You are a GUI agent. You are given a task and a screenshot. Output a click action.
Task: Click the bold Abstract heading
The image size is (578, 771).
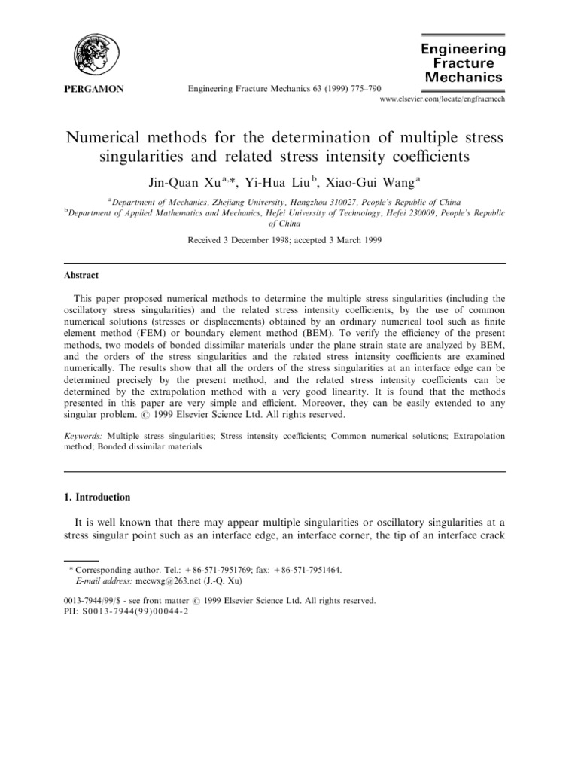(x=84, y=276)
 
